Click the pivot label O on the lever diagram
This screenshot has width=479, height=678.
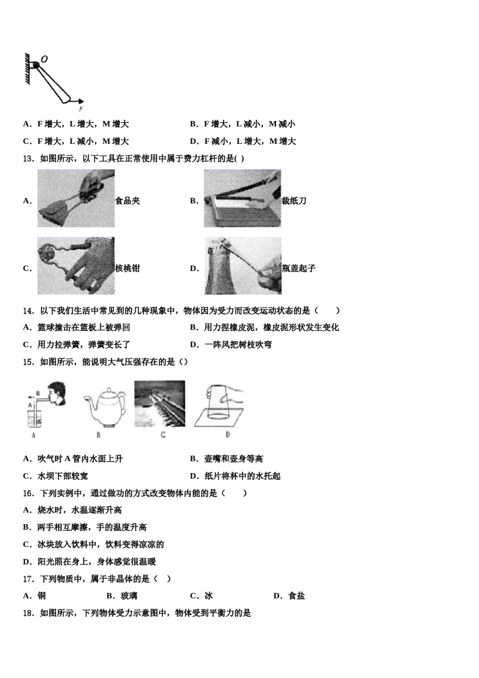click(44, 59)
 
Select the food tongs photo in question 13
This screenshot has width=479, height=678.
click(76, 198)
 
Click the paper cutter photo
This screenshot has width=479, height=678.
click(243, 198)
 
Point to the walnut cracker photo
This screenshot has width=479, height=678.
click(76, 266)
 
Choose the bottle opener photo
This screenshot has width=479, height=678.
click(243, 266)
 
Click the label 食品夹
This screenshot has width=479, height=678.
click(128, 201)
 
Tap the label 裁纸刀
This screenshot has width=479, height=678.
click(294, 201)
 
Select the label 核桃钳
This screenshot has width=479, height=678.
click(128, 268)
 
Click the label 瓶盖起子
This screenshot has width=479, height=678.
click(298, 268)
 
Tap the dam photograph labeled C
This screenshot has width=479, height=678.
click(159, 404)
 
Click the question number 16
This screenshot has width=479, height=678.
click(28, 493)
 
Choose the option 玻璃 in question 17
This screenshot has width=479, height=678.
click(129, 596)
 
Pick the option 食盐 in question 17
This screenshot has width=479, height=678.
click(296, 596)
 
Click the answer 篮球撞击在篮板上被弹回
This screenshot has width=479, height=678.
click(84, 327)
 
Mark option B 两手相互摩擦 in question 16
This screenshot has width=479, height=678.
click(92, 527)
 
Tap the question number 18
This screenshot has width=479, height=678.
click(28, 613)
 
